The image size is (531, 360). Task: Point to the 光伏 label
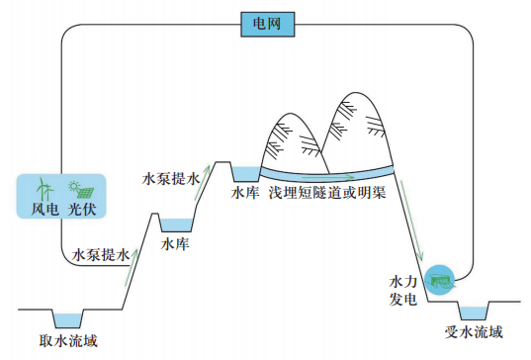81,209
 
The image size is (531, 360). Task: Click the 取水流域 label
68,341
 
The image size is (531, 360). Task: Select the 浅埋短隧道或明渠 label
326,194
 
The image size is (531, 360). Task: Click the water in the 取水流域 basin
67,317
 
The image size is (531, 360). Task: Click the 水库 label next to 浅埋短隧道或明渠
245,194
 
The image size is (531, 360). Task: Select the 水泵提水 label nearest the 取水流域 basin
102,255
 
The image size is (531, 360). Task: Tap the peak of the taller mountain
357,95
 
